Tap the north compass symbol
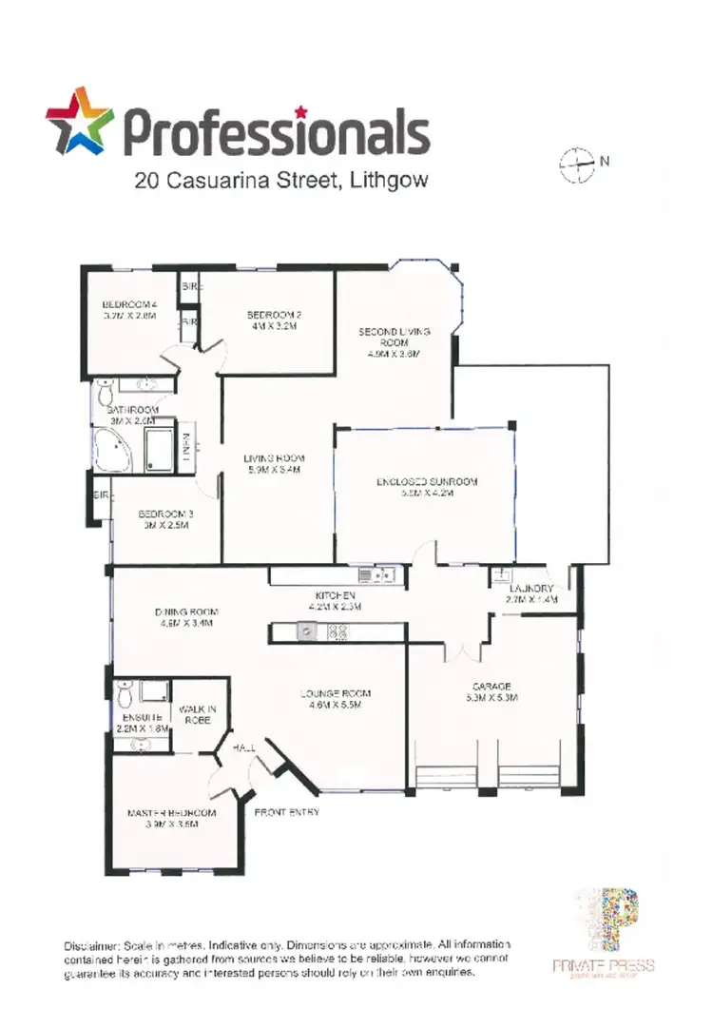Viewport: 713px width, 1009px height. (577, 165)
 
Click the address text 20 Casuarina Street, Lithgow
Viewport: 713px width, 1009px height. (280, 179)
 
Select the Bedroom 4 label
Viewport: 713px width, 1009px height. (129, 310)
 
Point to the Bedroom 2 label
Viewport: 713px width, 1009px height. (274, 320)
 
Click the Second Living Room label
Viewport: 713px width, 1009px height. (394, 341)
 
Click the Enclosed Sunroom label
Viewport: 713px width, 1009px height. (426, 487)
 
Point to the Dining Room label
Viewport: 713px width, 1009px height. (187, 617)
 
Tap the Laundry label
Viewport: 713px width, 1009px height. (531, 594)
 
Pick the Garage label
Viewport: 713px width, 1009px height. (492, 691)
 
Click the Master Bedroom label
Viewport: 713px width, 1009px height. (172, 819)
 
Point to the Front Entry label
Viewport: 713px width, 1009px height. (287, 813)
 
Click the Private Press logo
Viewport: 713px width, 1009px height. (605, 936)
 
